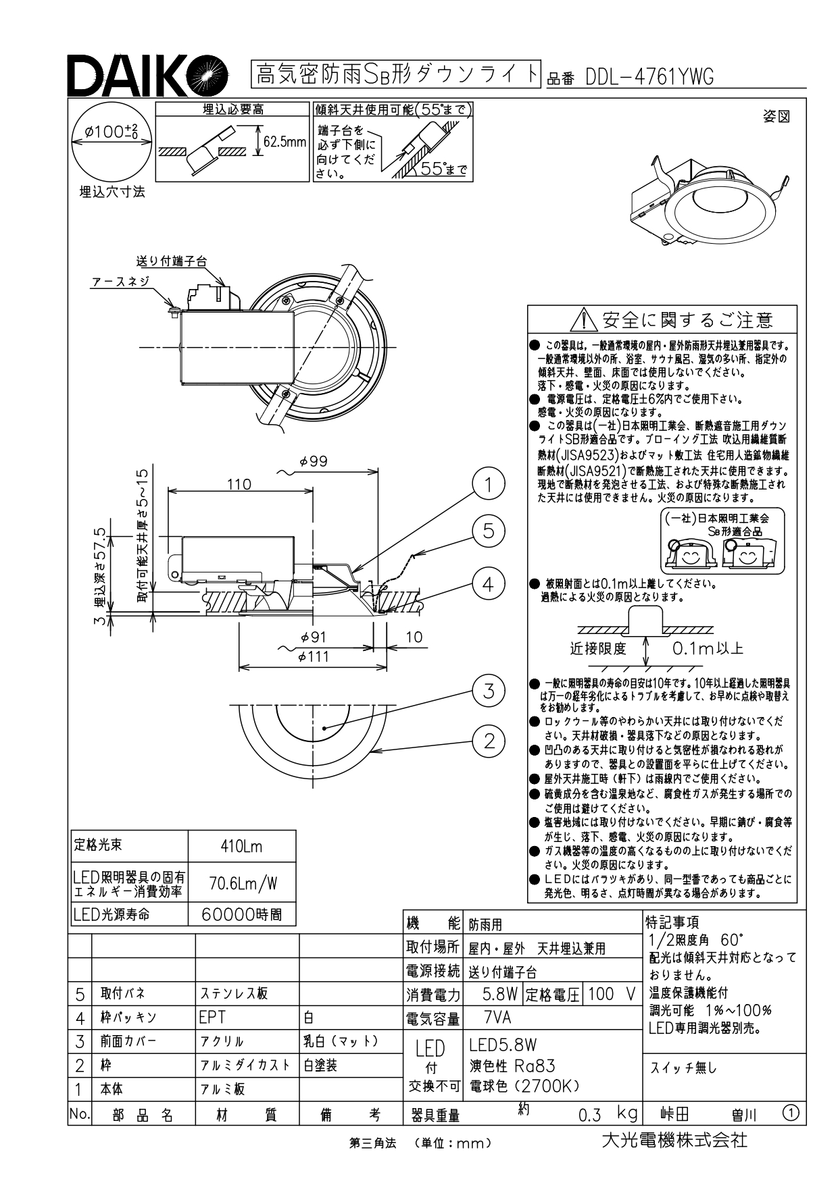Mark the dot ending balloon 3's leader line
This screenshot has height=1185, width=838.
(325, 727)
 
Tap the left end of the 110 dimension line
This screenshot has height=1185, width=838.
(167, 491)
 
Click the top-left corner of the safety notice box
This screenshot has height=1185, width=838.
(528, 306)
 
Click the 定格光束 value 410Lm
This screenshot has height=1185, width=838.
(241, 846)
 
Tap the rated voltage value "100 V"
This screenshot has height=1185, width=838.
(612, 994)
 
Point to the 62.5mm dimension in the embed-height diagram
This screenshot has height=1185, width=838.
(285, 142)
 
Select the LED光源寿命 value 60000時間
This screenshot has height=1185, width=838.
(241, 915)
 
